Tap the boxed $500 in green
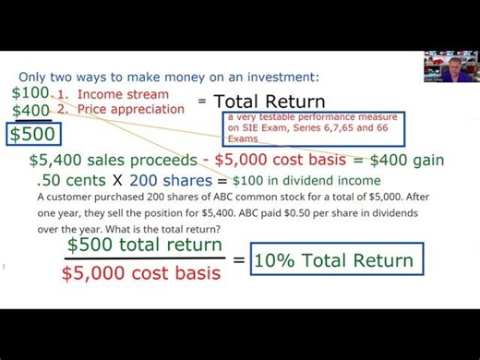(x=33, y=133)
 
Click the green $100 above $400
(x=30, y=93)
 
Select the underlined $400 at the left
(x=30, y=111)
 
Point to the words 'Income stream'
(x=123, y=94)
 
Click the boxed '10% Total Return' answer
(x=333, y=260)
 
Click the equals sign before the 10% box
(x=238, y=260)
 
